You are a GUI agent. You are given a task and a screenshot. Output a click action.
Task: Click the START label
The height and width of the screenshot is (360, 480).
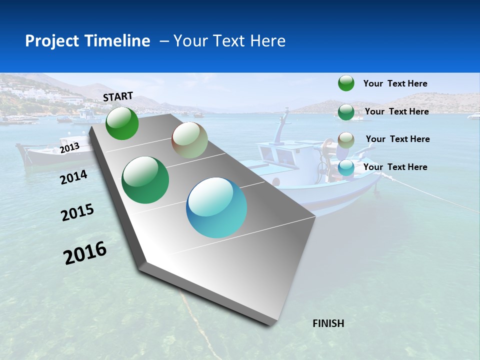tap(118, 96)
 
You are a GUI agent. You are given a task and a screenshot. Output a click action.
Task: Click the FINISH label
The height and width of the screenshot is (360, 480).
tap(328, 323)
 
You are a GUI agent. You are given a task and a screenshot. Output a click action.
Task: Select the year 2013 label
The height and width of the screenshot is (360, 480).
tap(69, 147)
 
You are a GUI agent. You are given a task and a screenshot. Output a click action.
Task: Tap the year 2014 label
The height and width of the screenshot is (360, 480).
tap(74, 177)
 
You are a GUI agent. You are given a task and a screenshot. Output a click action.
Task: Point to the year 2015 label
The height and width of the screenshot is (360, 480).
tap(77, 212)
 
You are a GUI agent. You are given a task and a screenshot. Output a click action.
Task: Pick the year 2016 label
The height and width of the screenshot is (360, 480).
tap(85, 253)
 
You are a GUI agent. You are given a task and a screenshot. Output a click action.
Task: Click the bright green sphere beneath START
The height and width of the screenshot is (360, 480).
tap(122, 123)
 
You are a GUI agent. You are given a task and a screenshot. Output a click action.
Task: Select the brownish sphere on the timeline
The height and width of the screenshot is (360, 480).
tap(189, 140)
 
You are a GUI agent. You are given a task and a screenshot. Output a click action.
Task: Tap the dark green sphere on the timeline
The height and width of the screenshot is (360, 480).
tap(145, 180)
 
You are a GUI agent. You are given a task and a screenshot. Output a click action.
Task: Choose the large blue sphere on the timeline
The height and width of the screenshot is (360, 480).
tap(216, 207)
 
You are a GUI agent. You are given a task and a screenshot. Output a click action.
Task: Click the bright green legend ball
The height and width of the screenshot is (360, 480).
tap(346, 83)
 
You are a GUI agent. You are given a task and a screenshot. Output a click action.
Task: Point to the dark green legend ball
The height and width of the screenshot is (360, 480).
tap(346, 112)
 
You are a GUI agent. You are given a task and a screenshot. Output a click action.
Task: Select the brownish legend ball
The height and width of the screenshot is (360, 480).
tap(346, 139)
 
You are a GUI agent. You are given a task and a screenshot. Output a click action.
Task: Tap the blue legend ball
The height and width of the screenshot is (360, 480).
tap(346, 168)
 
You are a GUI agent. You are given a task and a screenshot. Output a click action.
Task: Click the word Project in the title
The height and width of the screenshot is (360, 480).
tap(50, 41)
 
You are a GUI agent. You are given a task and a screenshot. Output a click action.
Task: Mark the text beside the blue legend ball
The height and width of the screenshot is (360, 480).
tap(395, 167)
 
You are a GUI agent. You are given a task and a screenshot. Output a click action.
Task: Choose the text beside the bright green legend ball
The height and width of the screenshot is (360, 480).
tap(395, 83)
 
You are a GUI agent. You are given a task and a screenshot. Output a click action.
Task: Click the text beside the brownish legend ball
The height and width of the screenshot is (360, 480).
tap(397, 139)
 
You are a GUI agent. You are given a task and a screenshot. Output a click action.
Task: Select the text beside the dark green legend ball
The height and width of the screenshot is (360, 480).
tap(396, 111)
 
